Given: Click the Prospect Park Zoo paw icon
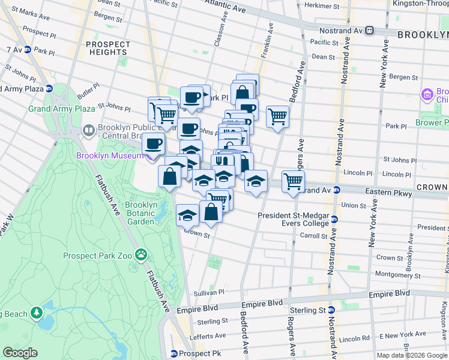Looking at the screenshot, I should point(141,256).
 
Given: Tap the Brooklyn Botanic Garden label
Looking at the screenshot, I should point(141,213).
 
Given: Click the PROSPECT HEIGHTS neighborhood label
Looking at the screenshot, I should point(108,49).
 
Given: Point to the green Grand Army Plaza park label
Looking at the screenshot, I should point(61,109).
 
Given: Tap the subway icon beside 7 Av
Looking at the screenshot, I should point(28,49).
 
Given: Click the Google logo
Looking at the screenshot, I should point(20,353).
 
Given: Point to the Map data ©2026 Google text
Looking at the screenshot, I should point(412,355).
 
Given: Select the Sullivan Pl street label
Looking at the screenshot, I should point(209,292).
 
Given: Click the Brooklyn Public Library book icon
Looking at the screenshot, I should point(88,130).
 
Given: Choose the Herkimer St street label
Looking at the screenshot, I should point(322,5).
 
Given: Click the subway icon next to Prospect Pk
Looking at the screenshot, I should point(173,353).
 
